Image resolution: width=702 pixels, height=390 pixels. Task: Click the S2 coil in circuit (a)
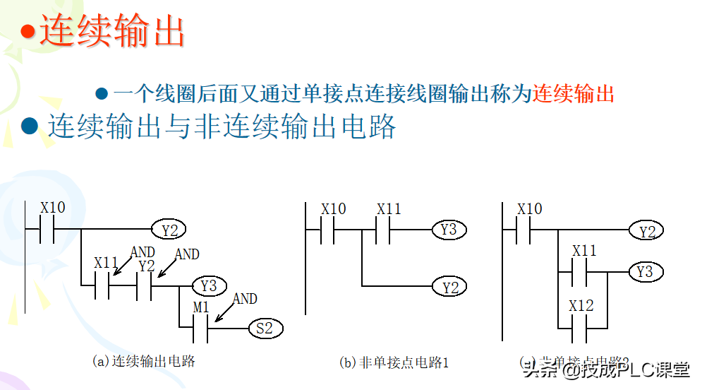[265, 329]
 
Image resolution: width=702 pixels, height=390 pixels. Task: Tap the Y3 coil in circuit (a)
[209, 286]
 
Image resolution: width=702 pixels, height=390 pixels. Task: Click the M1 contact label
[202, 307]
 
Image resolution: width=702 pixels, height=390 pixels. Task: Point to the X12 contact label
[582, 306]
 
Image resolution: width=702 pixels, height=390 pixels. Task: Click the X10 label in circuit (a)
[53, 208]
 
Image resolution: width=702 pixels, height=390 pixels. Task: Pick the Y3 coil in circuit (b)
[449, 230]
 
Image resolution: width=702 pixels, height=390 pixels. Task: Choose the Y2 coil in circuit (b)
[449, 286]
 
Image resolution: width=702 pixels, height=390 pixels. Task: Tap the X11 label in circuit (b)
[389, 209]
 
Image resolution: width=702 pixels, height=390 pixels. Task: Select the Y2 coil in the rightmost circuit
[646, 230]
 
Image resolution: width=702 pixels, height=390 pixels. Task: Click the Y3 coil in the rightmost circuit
[645, 272]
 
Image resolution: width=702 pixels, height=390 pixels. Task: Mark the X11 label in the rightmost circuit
[584, 251]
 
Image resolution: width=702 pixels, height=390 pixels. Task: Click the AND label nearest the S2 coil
[245, 299]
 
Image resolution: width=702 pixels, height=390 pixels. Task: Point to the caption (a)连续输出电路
[144, 361]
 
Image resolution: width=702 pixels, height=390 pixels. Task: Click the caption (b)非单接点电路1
[394, 362]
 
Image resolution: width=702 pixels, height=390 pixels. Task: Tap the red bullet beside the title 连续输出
[27, 31]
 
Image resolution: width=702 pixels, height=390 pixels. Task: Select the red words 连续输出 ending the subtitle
[574, 93]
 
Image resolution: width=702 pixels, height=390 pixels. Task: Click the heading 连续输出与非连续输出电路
[222, 127]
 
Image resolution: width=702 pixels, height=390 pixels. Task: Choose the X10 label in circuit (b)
[334, 209]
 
